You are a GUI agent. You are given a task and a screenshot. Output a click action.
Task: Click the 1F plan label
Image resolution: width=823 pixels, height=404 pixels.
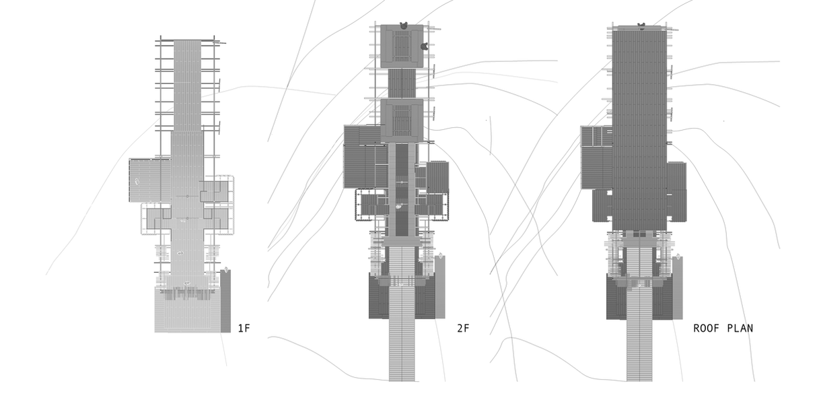point(244,329)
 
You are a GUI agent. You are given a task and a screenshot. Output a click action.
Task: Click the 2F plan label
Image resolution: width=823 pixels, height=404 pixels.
point(462,329)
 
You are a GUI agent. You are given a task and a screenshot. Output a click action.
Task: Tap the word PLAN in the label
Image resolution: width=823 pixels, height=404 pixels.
point(740,329)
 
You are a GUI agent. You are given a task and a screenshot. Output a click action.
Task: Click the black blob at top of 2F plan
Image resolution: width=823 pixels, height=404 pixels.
point(404,26)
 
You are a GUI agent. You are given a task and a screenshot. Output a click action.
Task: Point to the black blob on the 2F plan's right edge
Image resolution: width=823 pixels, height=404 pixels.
point(425,46)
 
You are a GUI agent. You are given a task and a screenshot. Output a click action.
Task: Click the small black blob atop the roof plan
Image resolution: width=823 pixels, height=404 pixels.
point(641,27)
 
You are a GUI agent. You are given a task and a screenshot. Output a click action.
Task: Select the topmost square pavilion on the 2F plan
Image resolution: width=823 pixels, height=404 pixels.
point(402,46)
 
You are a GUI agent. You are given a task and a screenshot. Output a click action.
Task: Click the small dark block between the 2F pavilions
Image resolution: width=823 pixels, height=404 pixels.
point(402,83)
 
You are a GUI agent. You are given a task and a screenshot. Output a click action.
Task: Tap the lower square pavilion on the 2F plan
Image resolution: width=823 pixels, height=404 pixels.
point(402,119)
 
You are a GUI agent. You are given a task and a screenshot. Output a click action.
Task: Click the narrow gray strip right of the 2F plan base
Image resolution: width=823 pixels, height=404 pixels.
point(440,286)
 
